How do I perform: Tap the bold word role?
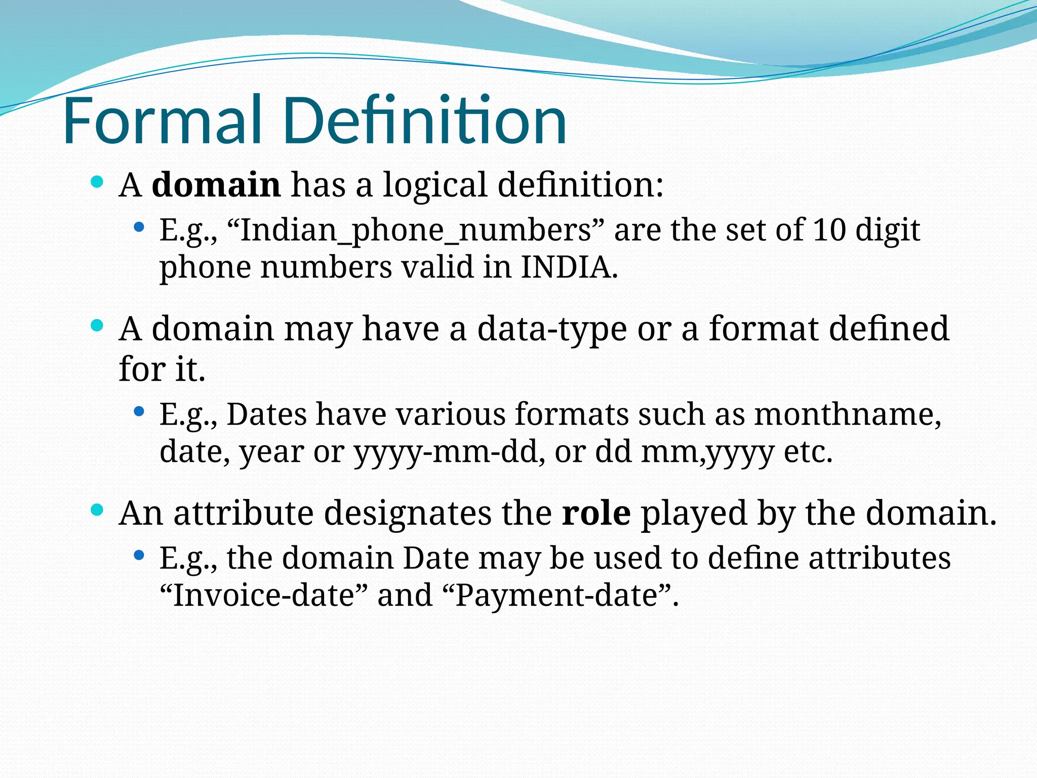pos(596,513)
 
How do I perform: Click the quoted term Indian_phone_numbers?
pos(416,230)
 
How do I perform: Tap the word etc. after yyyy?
pos(808,452)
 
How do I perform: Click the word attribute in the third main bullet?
pos(244,513)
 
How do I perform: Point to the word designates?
pos(408,513)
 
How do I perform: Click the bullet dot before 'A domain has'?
pos(97,181)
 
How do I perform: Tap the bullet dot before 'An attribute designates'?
pos(97,510)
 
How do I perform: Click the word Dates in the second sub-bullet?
pos(266,414)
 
